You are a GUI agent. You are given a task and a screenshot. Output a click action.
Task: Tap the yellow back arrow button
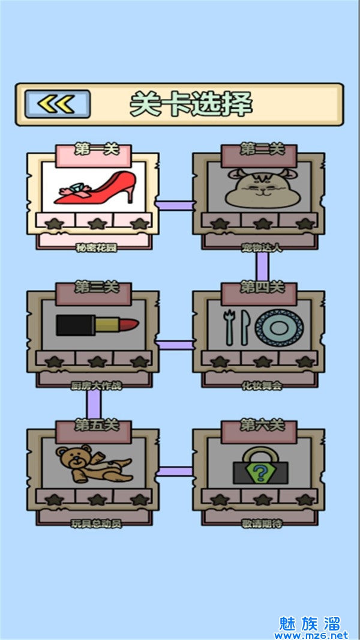(58, 104)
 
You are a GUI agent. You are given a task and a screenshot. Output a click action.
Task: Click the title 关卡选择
(191, 104)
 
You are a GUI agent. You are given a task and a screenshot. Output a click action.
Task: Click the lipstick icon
(97, 326)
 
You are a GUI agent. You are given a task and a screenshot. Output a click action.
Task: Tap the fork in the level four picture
(228, 327)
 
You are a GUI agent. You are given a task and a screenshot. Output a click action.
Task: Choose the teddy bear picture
(92, 464)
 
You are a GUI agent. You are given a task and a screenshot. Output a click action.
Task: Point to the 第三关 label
(96, 288)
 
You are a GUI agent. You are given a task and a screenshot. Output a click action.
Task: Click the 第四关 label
(262, 288)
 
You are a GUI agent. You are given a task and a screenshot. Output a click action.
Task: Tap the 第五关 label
(96, 426)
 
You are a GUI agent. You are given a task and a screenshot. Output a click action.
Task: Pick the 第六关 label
(262, 426)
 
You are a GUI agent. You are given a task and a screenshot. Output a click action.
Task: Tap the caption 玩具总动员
(96, 524)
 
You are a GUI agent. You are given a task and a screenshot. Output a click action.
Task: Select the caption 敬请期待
(262, 524)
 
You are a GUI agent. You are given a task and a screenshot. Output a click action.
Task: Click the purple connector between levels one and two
(175, 205)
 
